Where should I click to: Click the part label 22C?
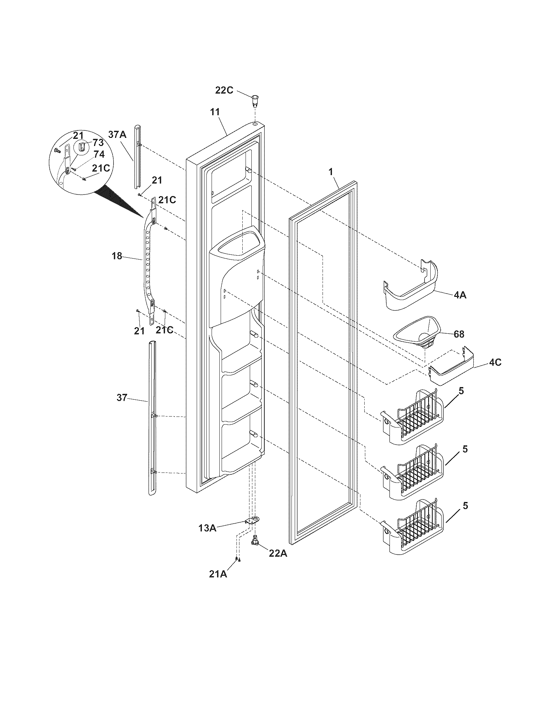(224, 90)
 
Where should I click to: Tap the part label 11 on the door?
(215, 112)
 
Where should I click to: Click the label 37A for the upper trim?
(117, 134)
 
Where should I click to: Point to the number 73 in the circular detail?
(98, 142)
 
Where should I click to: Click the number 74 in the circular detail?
(99, 154)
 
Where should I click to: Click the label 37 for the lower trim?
(122, 398)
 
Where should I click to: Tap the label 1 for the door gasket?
(331, 172)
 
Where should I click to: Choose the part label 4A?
(459, 295)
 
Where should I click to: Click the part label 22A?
(278, 553)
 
